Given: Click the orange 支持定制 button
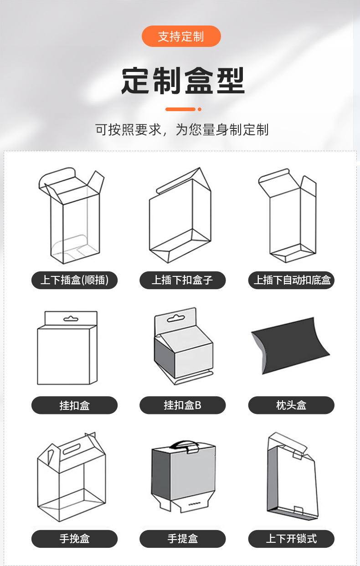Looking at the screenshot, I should pyautogui.click(x=181, y=36).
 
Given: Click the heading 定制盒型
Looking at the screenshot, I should pyautogui.click(x=183, y=81).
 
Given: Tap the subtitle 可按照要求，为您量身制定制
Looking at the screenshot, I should pyautogui.click(x=182, y=130).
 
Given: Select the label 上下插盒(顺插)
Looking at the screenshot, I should pyautogui.click(x=74, y=280).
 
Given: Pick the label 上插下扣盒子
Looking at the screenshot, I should pyautogui.click(x=182, y=280).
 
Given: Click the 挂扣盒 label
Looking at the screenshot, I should pyautogui.click(x=74, y=405).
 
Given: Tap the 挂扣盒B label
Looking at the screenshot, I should pyautogui.click(x=182, y=405).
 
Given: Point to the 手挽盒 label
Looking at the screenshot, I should pyautogui.click(x=74, y=539).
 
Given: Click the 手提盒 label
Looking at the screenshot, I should pyautogui.click(x=182, y=539).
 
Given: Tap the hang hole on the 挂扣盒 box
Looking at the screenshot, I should pyautogui.click(x=71, y=318).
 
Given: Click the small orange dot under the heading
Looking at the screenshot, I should pyautogui.click(x=200, y=109).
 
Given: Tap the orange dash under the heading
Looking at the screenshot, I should pyautogui.click(x=180, y=109).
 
